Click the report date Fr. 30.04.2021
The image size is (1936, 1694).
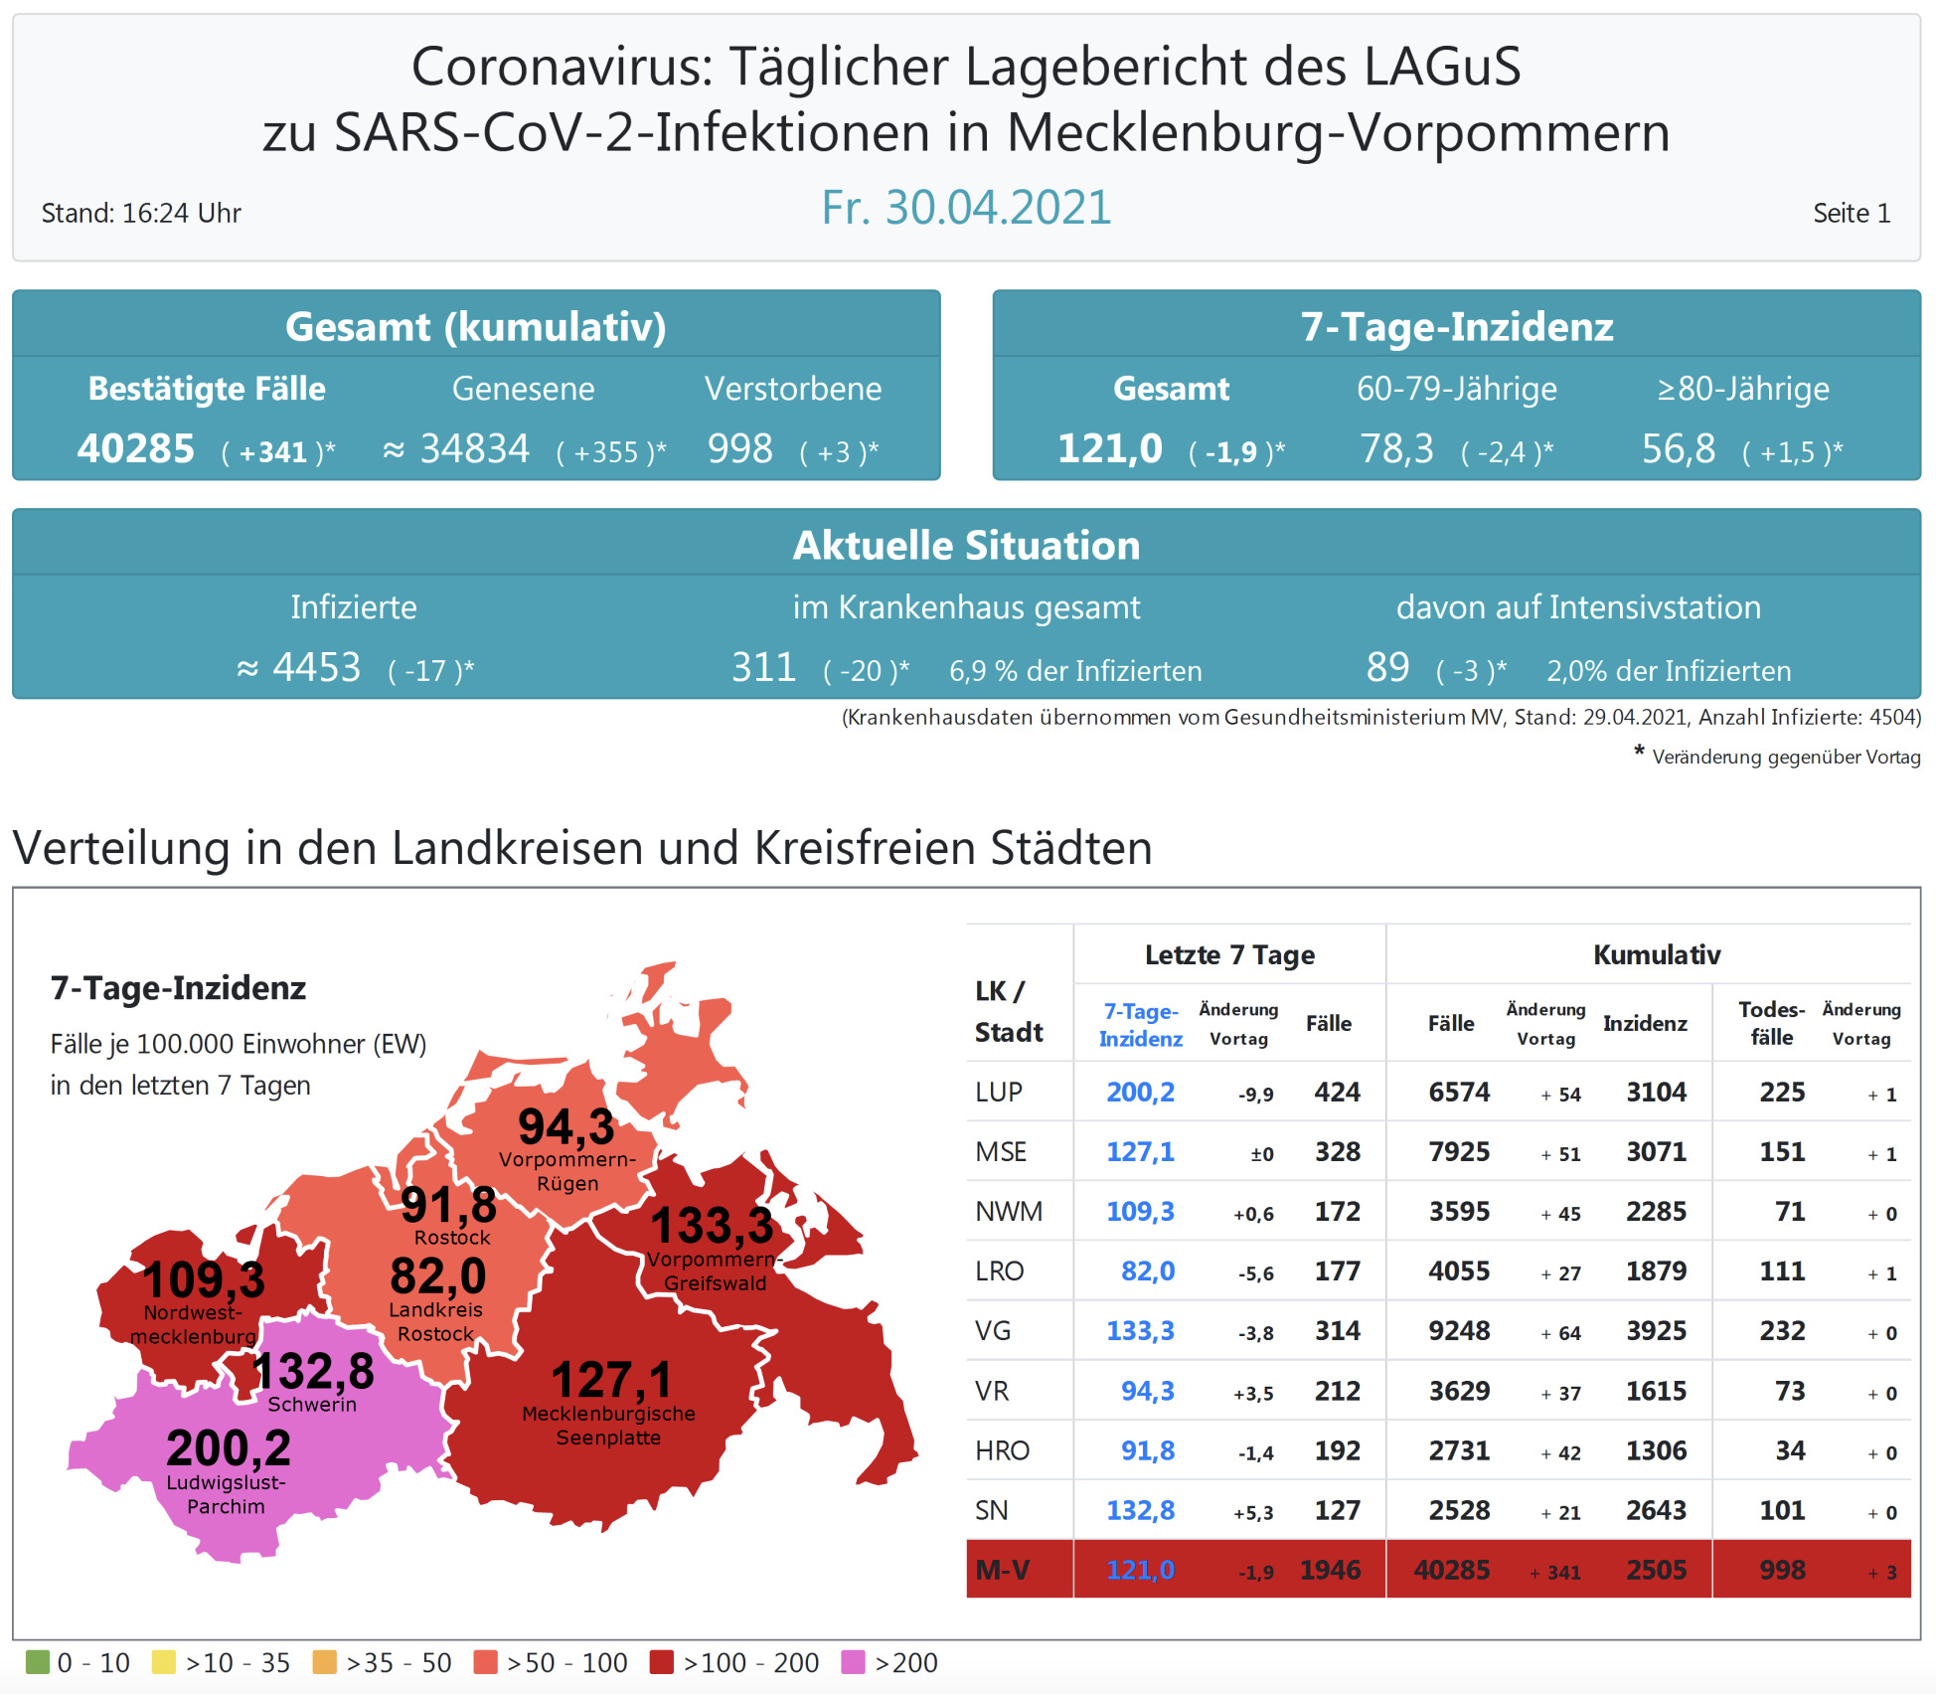966,208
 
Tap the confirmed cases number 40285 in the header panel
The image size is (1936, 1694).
136,449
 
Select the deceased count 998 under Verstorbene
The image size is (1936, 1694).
739,449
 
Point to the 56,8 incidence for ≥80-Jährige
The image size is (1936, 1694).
1678,449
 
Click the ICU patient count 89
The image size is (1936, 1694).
1387,668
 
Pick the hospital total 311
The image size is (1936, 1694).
763,668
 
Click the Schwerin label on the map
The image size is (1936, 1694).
312,1405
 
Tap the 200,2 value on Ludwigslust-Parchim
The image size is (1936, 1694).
229,1447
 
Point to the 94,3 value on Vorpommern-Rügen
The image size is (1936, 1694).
566,1127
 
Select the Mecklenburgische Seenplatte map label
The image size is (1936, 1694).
608,1426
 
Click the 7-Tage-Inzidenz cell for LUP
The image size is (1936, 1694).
1140,1093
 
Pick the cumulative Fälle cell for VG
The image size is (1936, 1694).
1459,1331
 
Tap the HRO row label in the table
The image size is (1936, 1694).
1002,1451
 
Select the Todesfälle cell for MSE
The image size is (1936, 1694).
1782,1152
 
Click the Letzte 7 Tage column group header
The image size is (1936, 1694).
1229,955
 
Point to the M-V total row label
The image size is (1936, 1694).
1002,1571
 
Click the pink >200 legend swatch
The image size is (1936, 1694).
853,1662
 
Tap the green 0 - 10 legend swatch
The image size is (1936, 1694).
38,1662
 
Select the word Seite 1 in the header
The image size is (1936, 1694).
1851,214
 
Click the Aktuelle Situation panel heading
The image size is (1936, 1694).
966,546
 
